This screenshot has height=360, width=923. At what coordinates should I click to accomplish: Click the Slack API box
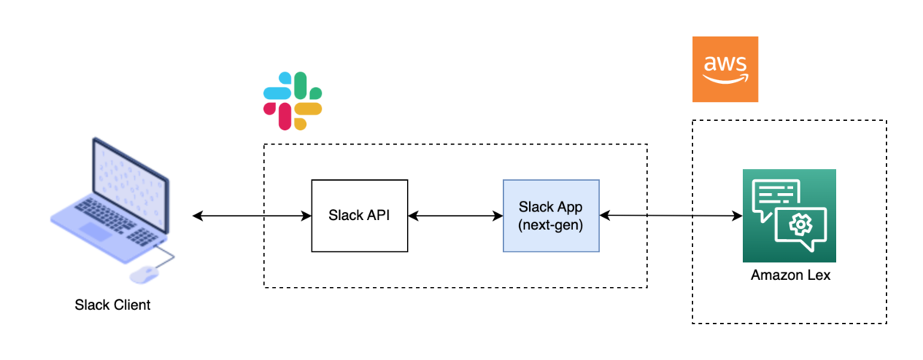pyautogui.click(x=359, y=216)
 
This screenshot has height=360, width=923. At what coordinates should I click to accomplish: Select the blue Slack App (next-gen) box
pyautogui.click(x=551, y=215)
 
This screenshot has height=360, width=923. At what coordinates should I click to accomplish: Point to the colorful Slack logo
pyautogui.click(x=292, y=100)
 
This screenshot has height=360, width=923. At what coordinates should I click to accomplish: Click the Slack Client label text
pyautogui.click(x=112, y=305)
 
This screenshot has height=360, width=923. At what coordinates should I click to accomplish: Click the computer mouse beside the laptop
pyautogui.click(x=145, y=274)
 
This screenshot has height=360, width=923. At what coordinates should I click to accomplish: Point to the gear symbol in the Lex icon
pyautogui.click(x=801, y=224)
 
